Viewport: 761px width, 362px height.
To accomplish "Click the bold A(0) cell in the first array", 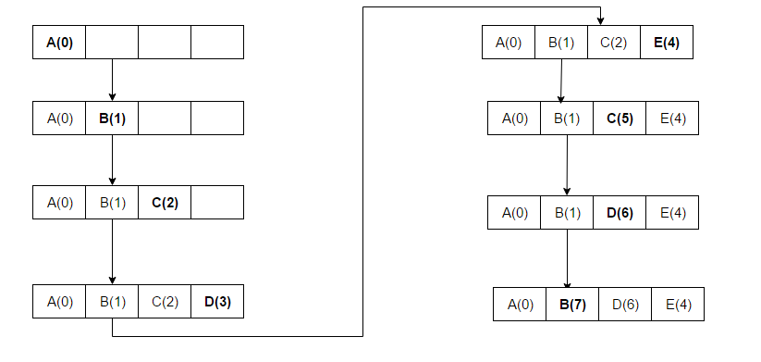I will [59, 43].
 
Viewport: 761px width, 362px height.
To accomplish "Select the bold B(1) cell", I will [112, 118].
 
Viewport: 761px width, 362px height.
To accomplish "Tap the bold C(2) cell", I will [165, 203].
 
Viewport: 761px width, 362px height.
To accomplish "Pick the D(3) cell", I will [217, 301].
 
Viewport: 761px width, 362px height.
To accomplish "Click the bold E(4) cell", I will [666, 42].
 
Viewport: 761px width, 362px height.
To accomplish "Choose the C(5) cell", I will [620, 118].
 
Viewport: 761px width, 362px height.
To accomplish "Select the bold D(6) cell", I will [620, 212].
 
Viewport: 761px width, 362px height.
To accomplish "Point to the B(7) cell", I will [572, 305].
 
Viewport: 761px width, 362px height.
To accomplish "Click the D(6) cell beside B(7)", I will [625, 305].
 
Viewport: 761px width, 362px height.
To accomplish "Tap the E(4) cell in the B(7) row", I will [678, 305].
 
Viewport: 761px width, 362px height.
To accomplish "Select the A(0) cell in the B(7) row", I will [520, 305].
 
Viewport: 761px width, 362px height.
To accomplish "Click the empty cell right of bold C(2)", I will [217, 203].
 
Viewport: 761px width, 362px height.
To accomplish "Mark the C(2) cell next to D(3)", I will [165, 301].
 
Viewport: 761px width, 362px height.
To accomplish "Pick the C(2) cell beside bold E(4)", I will [613, 42].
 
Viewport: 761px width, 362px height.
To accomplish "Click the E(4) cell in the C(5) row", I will [672, 118].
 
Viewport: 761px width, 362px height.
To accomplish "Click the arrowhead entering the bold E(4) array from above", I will [601, 20].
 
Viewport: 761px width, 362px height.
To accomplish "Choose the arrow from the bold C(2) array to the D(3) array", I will [112, 252].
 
